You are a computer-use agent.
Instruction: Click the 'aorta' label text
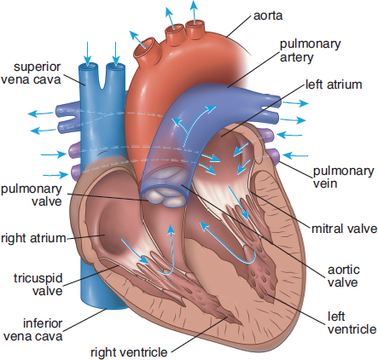click(268, 16)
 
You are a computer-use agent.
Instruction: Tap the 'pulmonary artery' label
click(310, 50)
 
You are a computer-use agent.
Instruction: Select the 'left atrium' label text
click(334, 84)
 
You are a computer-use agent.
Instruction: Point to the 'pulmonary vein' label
click(343, 177)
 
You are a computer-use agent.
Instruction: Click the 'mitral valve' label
click(344, 229)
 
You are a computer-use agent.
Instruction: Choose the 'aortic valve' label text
click(344, 276)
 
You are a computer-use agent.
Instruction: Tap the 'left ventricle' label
click(352, 322)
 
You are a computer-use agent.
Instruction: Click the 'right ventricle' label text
click(129, 352)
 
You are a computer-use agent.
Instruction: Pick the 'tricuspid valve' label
click(38, 284)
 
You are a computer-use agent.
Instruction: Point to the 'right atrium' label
click(33, 238)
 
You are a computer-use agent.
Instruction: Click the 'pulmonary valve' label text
click(32, 195)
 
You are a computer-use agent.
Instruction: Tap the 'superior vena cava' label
click(31, 73)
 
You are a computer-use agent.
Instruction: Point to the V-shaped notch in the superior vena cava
click(102, 78)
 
